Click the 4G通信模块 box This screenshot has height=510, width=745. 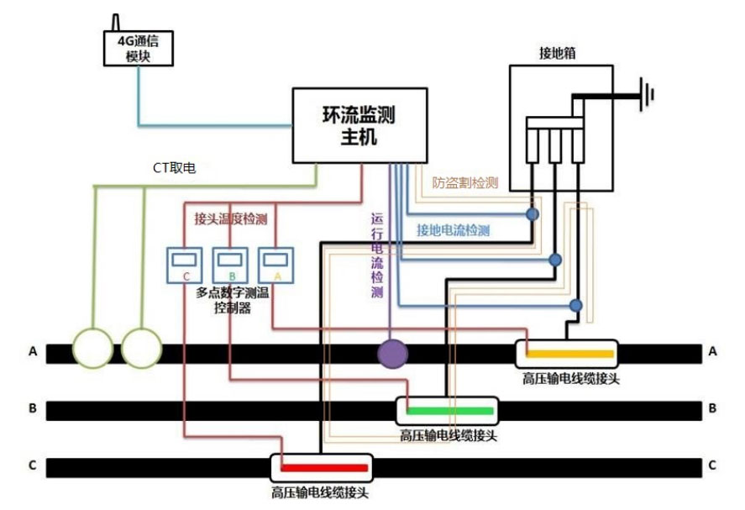pos(138,48)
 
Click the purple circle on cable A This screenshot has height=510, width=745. pos(391,354)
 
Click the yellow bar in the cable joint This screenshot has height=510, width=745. pos(569,354)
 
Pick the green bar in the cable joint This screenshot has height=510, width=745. pos(449,410)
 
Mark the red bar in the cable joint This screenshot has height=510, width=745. pos(324,467)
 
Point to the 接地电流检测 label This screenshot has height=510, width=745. pos(453,230)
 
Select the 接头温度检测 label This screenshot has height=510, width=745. pos(230,219)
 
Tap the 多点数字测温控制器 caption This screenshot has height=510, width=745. pos(231,301)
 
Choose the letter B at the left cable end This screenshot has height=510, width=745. pos(33,409)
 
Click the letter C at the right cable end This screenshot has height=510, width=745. pos(712,465)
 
